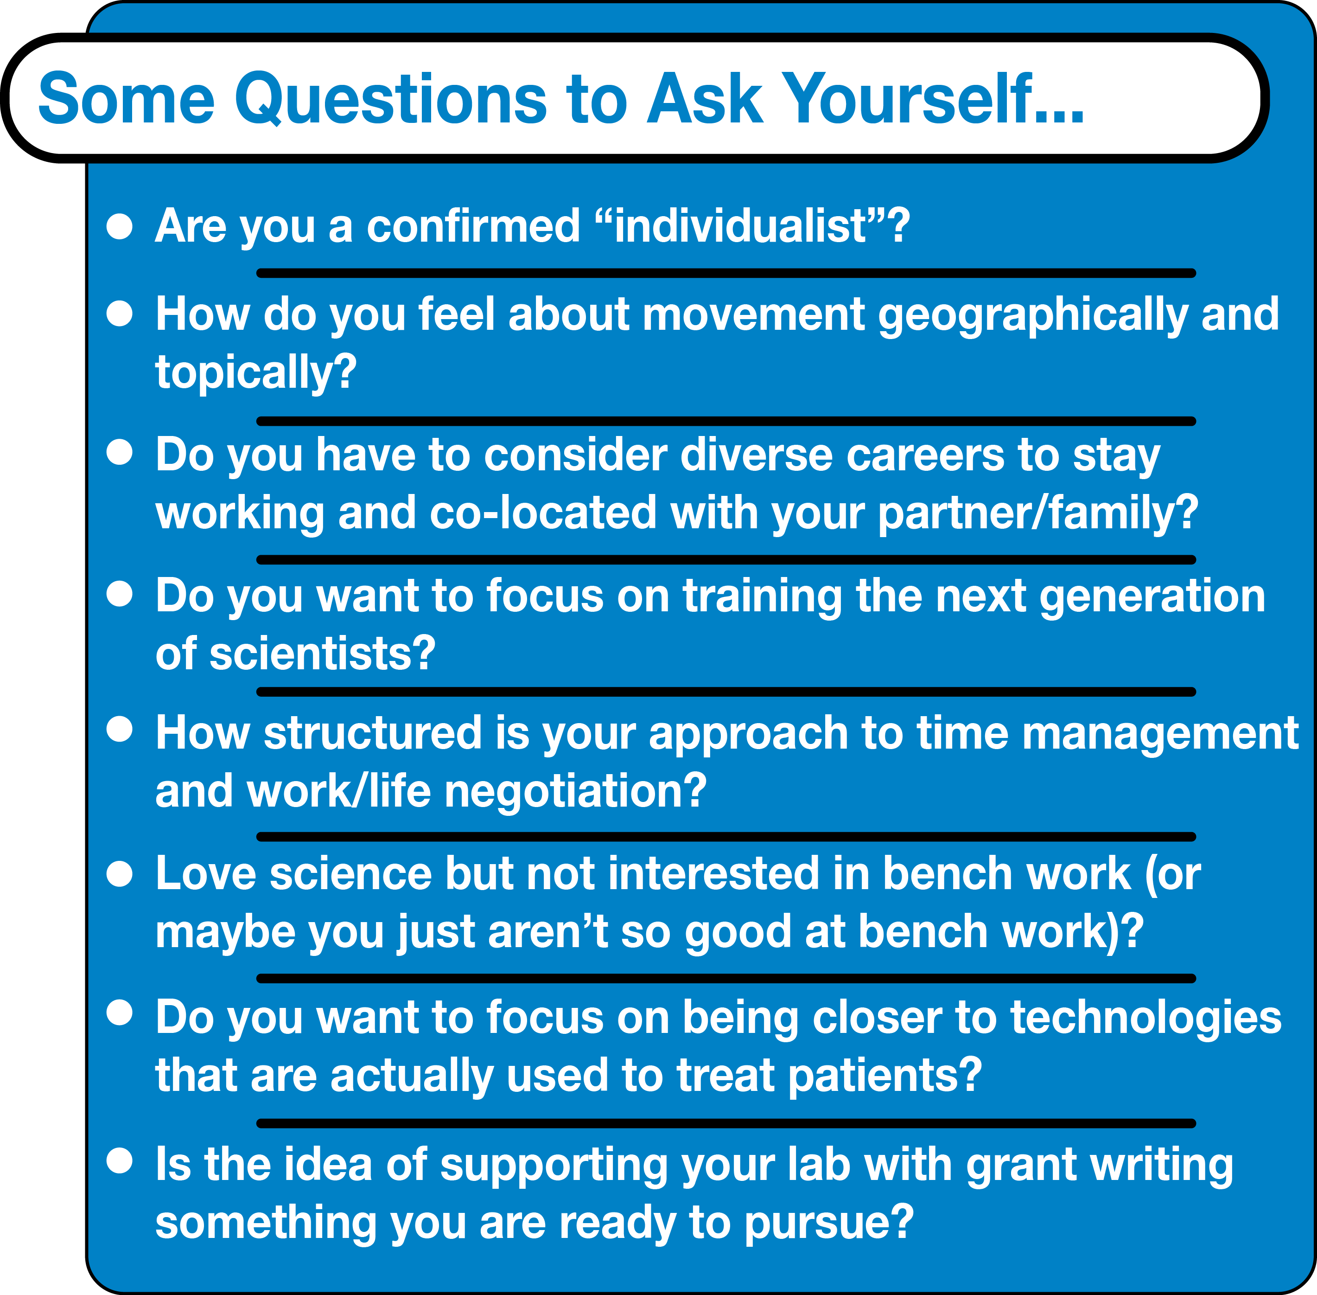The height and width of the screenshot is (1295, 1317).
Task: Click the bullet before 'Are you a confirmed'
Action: [x=120, y=226]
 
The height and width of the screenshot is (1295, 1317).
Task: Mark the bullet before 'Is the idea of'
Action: [x=120, y=1161]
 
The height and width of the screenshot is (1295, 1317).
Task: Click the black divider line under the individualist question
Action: [x=726, y=273]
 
